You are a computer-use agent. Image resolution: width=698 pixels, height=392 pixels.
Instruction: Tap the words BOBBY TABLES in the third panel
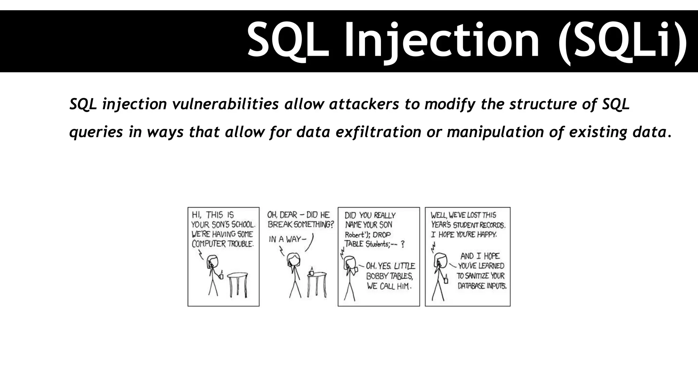[389, 276]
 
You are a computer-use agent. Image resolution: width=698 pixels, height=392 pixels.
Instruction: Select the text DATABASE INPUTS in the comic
[482, 286]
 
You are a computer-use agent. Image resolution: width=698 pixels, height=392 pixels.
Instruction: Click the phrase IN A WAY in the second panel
[285, 239]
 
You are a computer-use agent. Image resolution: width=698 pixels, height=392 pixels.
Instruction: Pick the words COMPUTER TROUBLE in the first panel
[223, 244]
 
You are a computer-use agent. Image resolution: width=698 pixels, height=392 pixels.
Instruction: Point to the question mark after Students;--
[403, 244]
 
